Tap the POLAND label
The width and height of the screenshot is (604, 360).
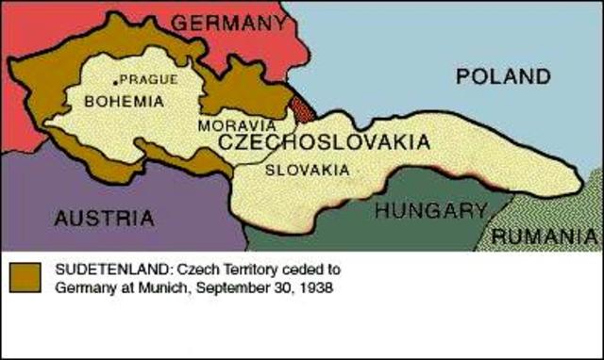pos(502,77)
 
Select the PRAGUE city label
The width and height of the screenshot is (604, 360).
pos(147,80)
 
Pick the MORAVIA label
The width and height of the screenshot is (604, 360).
pos(237,124)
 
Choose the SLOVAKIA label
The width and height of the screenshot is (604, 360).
pos(306,171)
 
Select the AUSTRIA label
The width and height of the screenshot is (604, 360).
pos(104,218)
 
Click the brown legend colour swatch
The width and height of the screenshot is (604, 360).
pos(24,277)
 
